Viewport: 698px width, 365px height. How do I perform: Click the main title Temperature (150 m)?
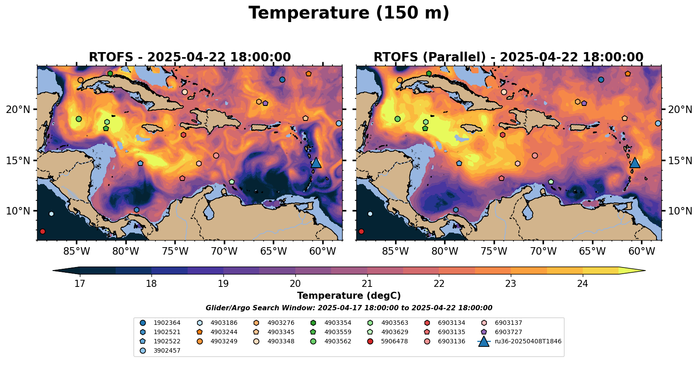point(349,13)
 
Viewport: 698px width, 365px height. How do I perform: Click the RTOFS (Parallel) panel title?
point(508,57)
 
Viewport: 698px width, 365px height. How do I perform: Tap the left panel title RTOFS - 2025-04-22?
point(190,57)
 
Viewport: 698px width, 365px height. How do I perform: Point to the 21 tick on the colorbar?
point(367,283)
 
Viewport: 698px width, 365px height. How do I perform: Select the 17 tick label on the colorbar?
point(79,283)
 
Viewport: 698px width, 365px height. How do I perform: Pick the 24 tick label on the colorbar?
point(583,283)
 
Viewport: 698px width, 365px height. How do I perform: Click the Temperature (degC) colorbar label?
point(349,296)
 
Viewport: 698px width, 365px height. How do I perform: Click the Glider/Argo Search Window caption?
point(349,308)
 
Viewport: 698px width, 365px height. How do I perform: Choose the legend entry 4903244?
point(224,332)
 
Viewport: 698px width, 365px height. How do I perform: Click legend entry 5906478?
point(394,341)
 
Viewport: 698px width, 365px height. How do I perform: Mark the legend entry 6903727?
point(508,332)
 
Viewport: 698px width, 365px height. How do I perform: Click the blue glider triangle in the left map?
point(316,162)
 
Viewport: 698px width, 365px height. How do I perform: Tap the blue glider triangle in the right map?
point(635,162)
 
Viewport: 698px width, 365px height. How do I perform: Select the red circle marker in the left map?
point(42,231)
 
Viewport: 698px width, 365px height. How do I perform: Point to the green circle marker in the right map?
point(397,119)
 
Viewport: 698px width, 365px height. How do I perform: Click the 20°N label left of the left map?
point(18,109)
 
